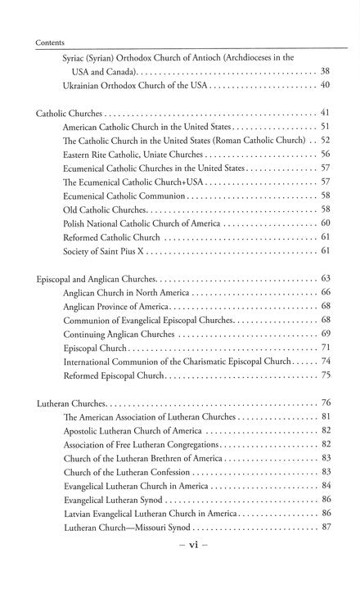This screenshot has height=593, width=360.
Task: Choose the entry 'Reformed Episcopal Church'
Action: pyautogui.click(x=115, y=375)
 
